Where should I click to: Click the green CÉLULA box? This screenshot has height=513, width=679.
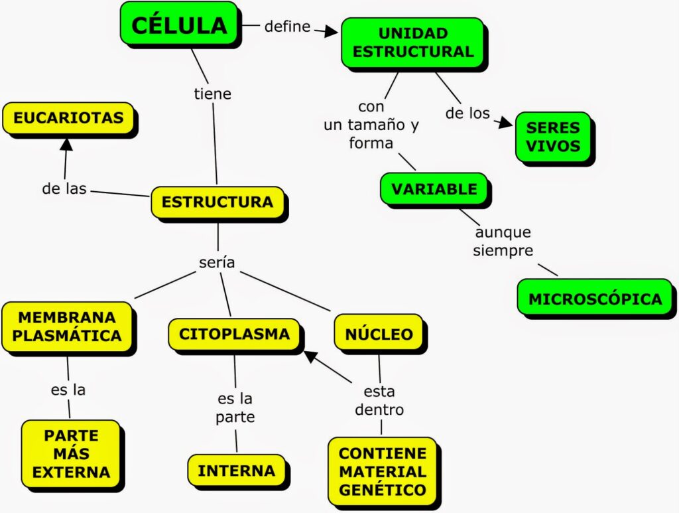pyautogui.click(x=179, y=25)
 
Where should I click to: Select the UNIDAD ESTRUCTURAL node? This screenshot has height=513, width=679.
pyautogui.click(x=412, y=42)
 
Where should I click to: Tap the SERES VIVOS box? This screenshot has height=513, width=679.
pyautogui.click(x=552, y=136)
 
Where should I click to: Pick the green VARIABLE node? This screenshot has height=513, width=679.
pyautogui.click(x=434, y=189)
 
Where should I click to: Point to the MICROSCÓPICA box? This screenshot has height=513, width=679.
pyautogui.click(x=595, y=299)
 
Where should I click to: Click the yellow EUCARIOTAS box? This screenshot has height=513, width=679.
pyautogui.click(x=68, y=118)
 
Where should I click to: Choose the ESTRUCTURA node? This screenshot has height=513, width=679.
pyautogui.click(x=217, y=202)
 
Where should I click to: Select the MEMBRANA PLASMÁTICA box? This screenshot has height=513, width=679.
pyautogui.click(x=67, y=327)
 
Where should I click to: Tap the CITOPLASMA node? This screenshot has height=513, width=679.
pyautogui.click(x=234, y=334)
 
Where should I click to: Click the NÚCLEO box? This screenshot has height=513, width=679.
pyautogui.click(x=379, y=334)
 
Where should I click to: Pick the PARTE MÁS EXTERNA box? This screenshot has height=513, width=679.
pyautogui.click(x=71, y=454)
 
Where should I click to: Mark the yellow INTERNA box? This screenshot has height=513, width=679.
pyautogui.click(x=236, y=471)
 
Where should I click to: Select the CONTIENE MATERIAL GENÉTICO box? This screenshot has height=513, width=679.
pyautogui.click(x=383, y=472)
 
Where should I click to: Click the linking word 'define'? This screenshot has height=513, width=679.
pyautogui.click(x=287, y=27)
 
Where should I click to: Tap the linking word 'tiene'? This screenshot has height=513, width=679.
pyautogui.click(x=212, y=94)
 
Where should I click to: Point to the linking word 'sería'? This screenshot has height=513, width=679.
pyautogui.click(x=217, y=262)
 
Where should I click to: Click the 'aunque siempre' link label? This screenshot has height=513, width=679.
pyautogui.click(x=503, y=242)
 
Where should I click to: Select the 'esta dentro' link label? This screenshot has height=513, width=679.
pyautogui.click(x=379, y=400)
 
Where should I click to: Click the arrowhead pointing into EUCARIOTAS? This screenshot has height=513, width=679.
pyautogui.click(x=66, y=143)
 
